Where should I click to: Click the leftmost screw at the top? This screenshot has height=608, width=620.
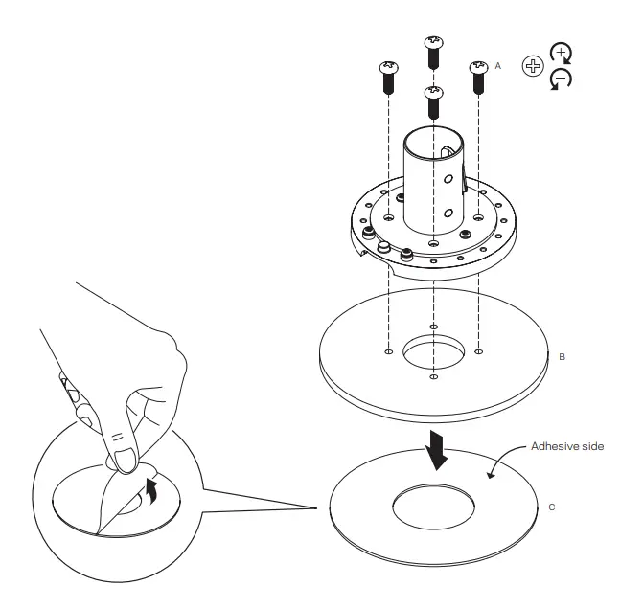point(389,78)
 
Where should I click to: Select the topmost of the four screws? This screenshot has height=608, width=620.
point(432,50)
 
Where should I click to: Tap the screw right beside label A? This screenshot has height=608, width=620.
point(478,78)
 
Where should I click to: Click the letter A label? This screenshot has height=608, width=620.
point(497,66)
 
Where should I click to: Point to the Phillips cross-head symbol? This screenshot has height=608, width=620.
point(531,65)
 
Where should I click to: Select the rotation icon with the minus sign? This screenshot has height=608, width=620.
point(561,80)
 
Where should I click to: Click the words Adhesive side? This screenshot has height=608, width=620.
point(569,446)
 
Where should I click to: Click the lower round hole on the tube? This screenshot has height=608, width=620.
point(447,213)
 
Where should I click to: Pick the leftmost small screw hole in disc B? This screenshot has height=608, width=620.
point(388,350)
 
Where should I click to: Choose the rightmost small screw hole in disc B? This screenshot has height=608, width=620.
point(479,350)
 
